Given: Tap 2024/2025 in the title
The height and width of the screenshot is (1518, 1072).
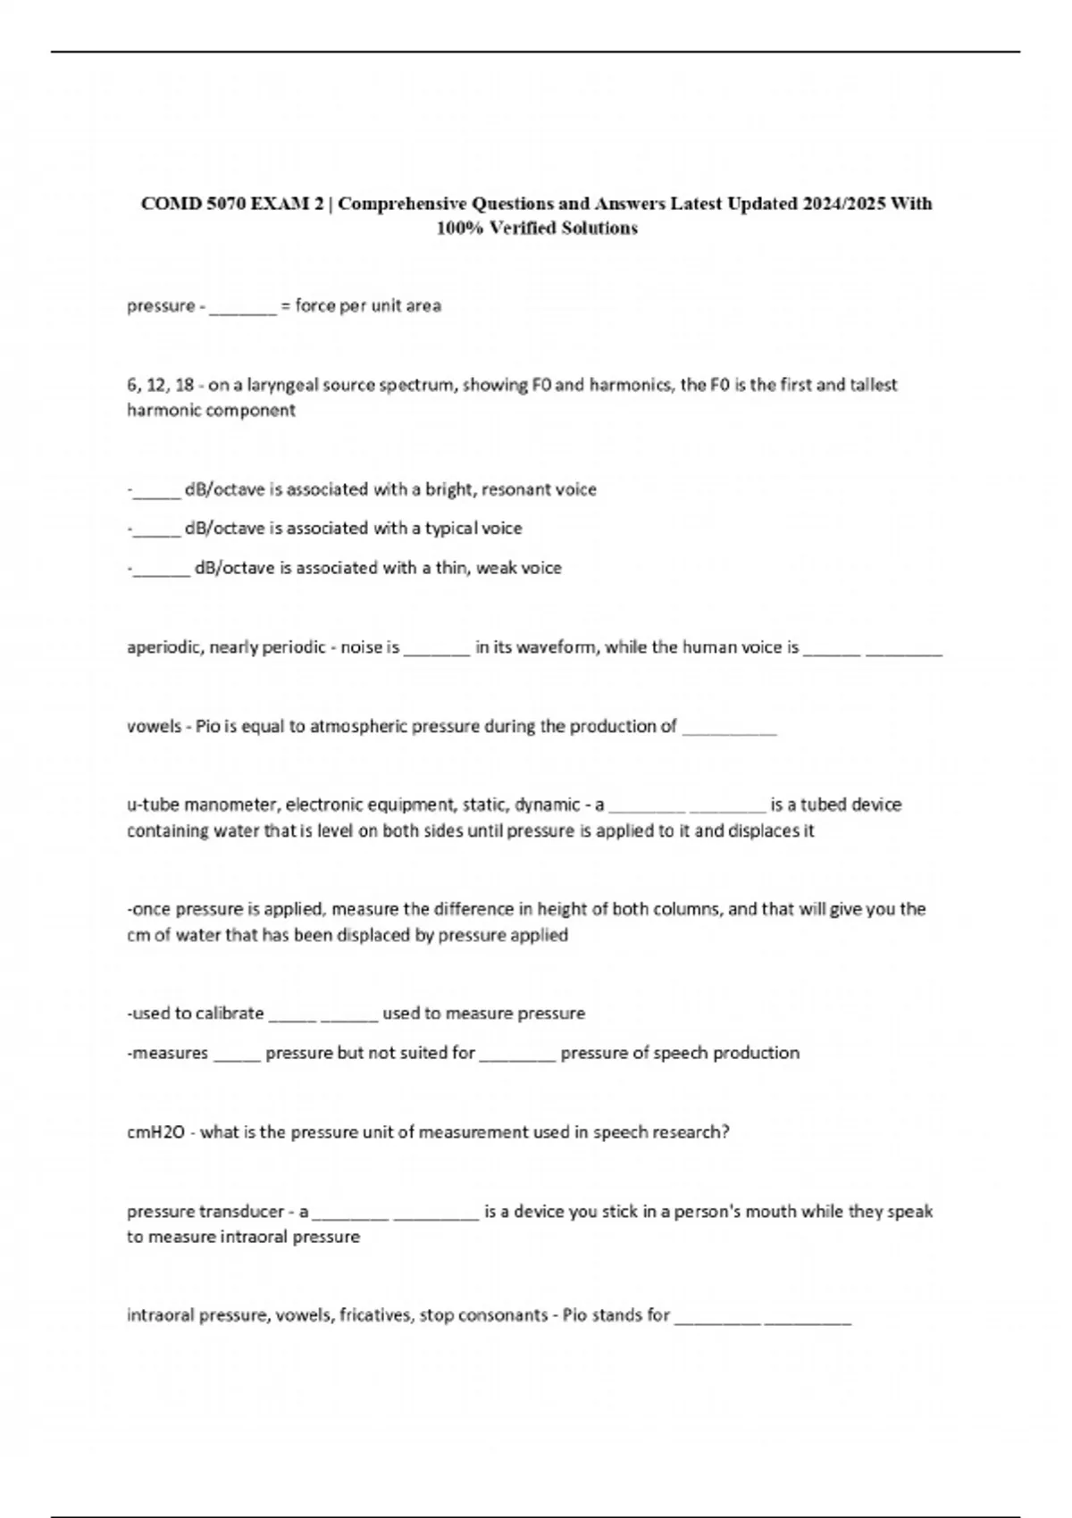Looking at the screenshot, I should pos(843,204).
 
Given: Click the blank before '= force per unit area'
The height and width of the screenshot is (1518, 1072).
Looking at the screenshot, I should pos(243,307).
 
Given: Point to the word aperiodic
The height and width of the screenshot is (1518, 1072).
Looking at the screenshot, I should pos(164,647).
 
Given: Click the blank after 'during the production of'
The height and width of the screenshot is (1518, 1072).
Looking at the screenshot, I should pos(729,728).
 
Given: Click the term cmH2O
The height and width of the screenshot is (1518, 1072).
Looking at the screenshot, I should pos(155,1132).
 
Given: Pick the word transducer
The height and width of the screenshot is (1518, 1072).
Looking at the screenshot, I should pos(241,1212).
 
